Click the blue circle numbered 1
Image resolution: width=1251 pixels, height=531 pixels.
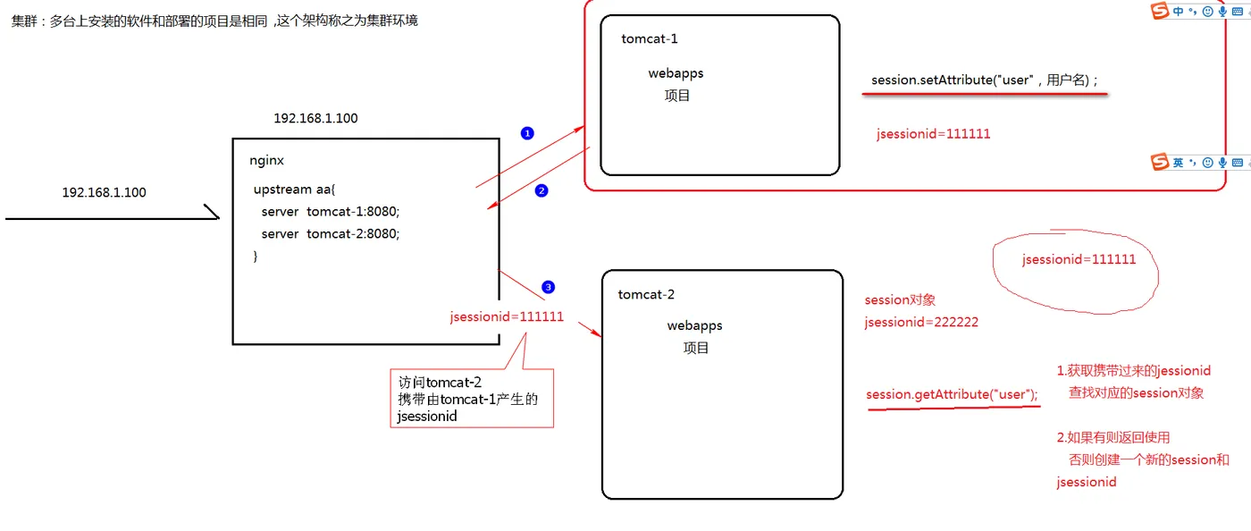click(x=527, y=133)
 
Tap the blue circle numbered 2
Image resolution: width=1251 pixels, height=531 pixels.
click(x=542, y=190)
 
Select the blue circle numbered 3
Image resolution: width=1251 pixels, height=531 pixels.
click(x=549, y=287)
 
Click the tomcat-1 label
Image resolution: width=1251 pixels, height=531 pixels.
click(x=649, y=38)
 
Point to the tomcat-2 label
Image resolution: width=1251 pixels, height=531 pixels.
click(x=646, y=294)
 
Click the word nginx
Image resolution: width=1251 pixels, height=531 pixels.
click(x=266, y=160)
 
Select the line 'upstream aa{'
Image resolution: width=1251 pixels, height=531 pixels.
click(x=294, y=190)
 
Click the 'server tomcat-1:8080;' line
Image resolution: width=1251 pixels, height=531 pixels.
click(x=331, y=211)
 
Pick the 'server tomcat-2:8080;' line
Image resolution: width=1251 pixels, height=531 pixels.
click(x=331, y=233)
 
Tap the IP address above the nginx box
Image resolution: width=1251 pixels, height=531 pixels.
click(x=315, y=118)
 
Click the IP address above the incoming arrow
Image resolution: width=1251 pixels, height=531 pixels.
click(x=104, y=192)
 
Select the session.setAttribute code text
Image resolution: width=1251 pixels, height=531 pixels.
click(x=984, y=80)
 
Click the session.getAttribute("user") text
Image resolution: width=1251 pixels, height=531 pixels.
click(x=952, y=394)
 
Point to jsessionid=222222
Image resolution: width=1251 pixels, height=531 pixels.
click(x=921, y=322)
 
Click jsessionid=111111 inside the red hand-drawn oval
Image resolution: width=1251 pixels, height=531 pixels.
click(x=1079, y=259)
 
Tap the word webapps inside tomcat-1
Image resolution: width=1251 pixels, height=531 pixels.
click(x=676, y=73)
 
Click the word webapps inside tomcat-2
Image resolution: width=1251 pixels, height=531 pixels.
click(x=695, y=325)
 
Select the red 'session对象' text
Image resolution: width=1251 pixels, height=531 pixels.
click(x=900, y=299)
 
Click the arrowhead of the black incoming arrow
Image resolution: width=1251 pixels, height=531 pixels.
click(x=218, y=218)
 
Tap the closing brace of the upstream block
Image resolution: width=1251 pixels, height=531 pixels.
click(x=256, y=256)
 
